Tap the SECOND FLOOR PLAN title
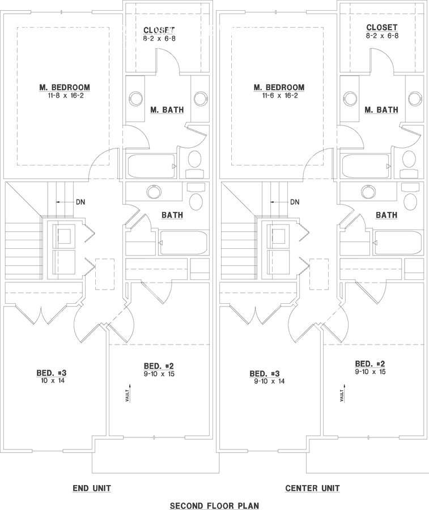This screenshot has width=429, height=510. click(x=215, y=505)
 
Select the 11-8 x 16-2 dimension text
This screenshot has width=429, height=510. click(x=65, y=96)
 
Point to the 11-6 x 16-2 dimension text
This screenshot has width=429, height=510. click(x=279, y=96)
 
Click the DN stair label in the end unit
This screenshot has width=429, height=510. click(x=80, y=202)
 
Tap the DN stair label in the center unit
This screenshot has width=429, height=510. click(x=295, y=202)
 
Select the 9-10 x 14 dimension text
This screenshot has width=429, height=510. click(x=269, y=381)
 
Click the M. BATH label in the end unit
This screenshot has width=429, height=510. click(x=167, y=110)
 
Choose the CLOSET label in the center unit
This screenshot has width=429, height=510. click(x=382, y=27)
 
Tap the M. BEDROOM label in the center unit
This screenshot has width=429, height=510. click(x=279, y=87)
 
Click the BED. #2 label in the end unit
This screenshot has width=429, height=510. click(x=159, y=366)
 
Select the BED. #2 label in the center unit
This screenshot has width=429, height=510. click(x=370, y=364)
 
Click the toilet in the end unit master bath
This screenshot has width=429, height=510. click(x=195, y=164)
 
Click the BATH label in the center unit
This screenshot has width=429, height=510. click(x=386, y=215)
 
